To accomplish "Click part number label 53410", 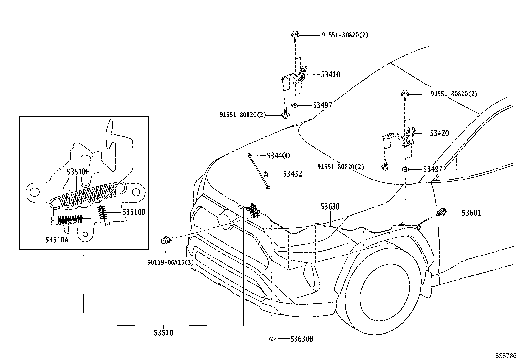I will (330, 75).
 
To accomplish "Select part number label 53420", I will (439, 133).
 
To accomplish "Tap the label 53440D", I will (278, 156).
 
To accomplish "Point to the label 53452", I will (293, 174).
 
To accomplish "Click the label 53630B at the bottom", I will (301, 339).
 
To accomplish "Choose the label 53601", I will (471, 213).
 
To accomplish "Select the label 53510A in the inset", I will (57, 240).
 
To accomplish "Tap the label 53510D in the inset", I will (134, 212).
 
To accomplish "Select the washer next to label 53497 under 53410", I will (295, 105).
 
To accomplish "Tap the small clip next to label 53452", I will (267, 174).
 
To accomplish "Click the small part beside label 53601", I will (441, 213).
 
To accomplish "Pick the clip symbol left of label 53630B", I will (272, 339).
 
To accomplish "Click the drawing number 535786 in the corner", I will (507, 355).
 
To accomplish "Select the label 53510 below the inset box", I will (164, 333).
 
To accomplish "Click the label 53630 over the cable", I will (330, 207).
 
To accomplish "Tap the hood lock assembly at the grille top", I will (254, 210).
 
